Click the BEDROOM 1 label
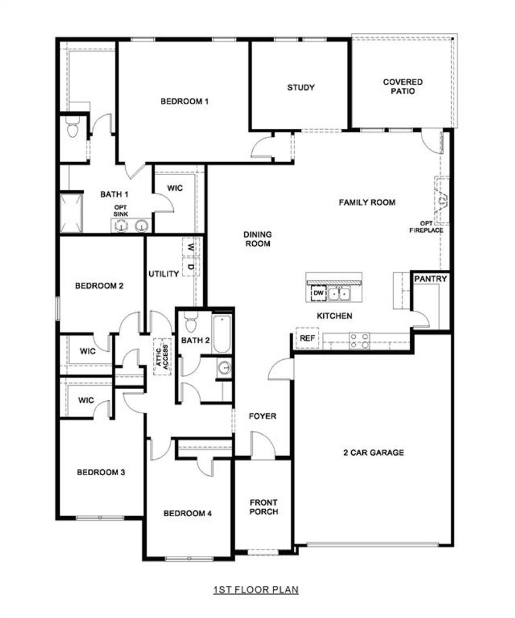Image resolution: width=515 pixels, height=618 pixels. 185,101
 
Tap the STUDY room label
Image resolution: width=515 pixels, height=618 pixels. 301,88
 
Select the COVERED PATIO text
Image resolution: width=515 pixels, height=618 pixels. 403,87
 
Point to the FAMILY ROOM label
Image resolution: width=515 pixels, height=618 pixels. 367,202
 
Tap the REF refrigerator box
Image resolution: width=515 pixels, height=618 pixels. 307,338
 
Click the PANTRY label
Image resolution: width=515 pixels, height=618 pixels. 431,279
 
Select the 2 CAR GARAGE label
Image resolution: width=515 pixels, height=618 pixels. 373,452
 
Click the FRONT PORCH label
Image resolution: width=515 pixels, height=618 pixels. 263,507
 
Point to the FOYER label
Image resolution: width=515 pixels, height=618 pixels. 262,416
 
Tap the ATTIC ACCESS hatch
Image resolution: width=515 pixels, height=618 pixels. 162,356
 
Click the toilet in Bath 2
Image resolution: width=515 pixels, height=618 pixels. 190,322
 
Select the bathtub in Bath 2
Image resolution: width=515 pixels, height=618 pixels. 222,334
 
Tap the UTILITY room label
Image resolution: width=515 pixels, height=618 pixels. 163,274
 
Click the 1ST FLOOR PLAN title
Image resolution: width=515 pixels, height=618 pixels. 256,589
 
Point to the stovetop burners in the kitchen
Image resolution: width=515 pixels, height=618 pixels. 359,341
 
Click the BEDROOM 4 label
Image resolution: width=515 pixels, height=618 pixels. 187,513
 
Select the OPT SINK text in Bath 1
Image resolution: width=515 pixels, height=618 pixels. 121,211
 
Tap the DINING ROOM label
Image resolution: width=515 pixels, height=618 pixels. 257,239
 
